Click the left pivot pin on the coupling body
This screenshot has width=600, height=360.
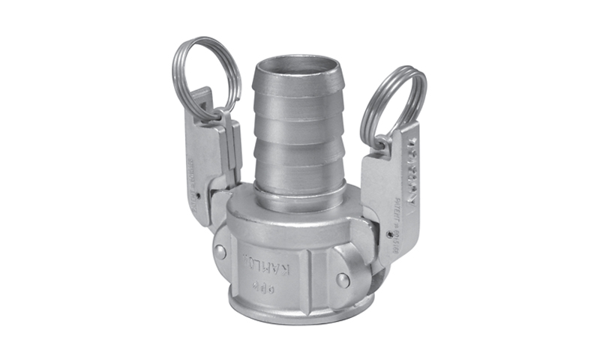[218, 252]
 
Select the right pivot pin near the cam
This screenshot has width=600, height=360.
[343, 280]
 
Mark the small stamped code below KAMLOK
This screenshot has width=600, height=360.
[268, 284]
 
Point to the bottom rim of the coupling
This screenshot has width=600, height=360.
[300, 319]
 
